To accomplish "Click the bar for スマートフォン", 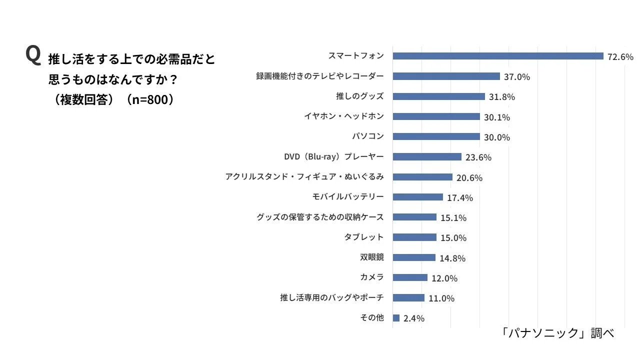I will (498, 56).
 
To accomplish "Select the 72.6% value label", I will (620, 56).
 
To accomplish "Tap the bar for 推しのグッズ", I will (438, 96).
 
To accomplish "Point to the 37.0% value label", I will (517, 77).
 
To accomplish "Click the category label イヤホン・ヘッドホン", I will (343, 116).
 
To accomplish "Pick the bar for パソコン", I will (436, 136).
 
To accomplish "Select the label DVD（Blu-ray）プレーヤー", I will (333, 157).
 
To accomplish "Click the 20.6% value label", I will (469, 177).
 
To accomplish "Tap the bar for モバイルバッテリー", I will (417, 197).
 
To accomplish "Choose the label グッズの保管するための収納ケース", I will (320, 217).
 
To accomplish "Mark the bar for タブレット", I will (414, 237).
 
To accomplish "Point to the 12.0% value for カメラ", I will (444, 278).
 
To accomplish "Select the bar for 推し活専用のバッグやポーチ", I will (408, 298).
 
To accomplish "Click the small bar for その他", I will (396, 318).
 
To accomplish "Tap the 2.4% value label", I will (414, 318).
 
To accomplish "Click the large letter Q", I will (33, 55).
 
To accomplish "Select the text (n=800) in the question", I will (150, 99).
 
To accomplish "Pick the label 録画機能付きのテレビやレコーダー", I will (320, 76).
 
